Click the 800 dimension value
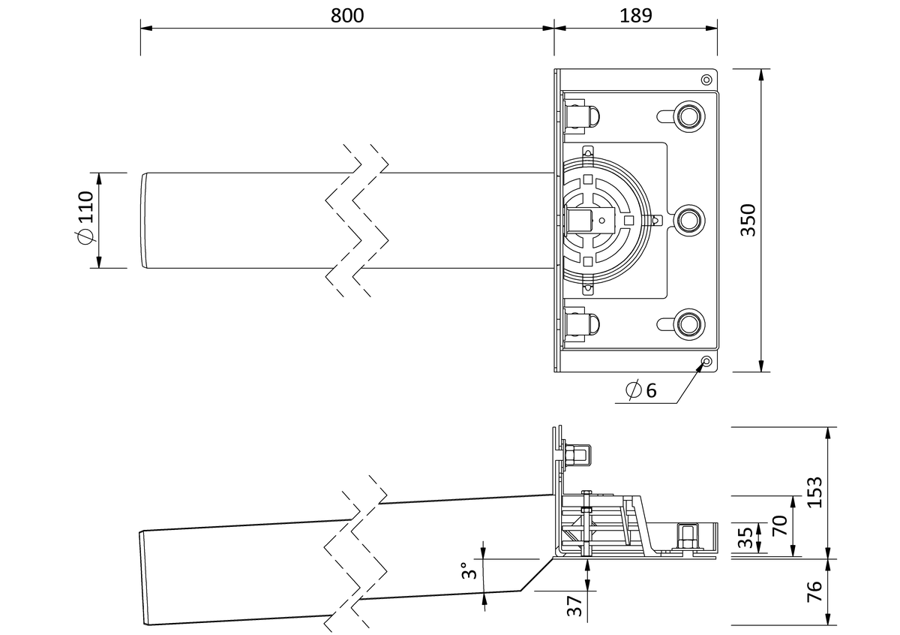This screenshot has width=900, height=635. [x=347, y=16]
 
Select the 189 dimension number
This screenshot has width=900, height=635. [x=636, y=16]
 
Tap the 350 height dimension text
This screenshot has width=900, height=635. [x=748, y=220]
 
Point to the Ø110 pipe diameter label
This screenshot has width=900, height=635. [x=85, y=217]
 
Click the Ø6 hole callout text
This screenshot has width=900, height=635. [x=641, y=390]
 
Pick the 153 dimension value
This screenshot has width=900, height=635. [x=814, y=492]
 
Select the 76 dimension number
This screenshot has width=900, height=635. [x=814, y=591]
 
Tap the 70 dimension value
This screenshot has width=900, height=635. [x=780, y=525]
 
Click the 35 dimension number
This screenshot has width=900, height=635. [x=745, y=537]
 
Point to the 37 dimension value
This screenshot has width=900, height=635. [x=575, y=605]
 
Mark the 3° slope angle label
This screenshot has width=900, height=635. [x=469, y=570]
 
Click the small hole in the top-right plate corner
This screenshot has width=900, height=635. [x=706, y=80]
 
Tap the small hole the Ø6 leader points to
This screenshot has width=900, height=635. [x=706, y=361]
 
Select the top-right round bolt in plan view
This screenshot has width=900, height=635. [x=689, y=116]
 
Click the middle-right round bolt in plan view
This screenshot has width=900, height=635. [x=689, y=220]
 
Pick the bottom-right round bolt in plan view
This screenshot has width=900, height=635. [x=689, y=324]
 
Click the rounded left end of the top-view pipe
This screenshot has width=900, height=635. [x=143, y=221]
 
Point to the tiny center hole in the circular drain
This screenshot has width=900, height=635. [x=601, y=221]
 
